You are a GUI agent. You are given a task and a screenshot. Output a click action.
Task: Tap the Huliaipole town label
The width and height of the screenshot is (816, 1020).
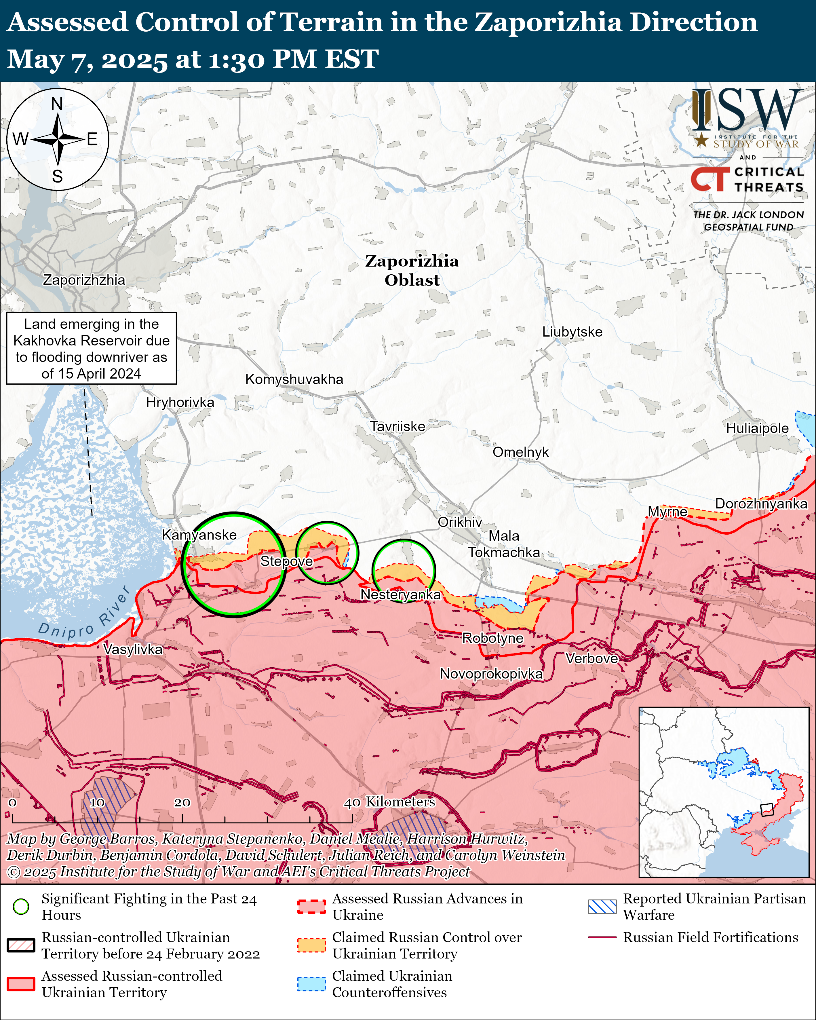click(x=757, y=428)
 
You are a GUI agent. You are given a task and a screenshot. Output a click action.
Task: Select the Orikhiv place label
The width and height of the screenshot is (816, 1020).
click(x=459, y=522)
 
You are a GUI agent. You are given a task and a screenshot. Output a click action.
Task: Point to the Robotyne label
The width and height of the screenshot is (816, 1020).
click(x=492, y=638)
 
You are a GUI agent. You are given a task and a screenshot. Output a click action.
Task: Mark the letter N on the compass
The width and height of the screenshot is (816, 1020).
click(x=57, y=104)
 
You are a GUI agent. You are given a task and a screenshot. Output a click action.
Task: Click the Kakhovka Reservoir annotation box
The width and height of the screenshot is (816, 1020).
click(x=91, y=348)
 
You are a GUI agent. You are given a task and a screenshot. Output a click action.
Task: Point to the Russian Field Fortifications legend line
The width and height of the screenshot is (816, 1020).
click(x=602, y=937)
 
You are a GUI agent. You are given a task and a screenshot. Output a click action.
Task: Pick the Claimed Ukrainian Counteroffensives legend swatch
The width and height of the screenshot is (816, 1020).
click(x=311, y=983)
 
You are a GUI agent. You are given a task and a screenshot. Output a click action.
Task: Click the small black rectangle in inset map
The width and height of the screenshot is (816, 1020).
click(x=766, y=810)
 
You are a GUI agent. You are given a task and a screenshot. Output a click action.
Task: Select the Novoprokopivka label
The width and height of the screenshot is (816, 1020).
click(x=491, y=674)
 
